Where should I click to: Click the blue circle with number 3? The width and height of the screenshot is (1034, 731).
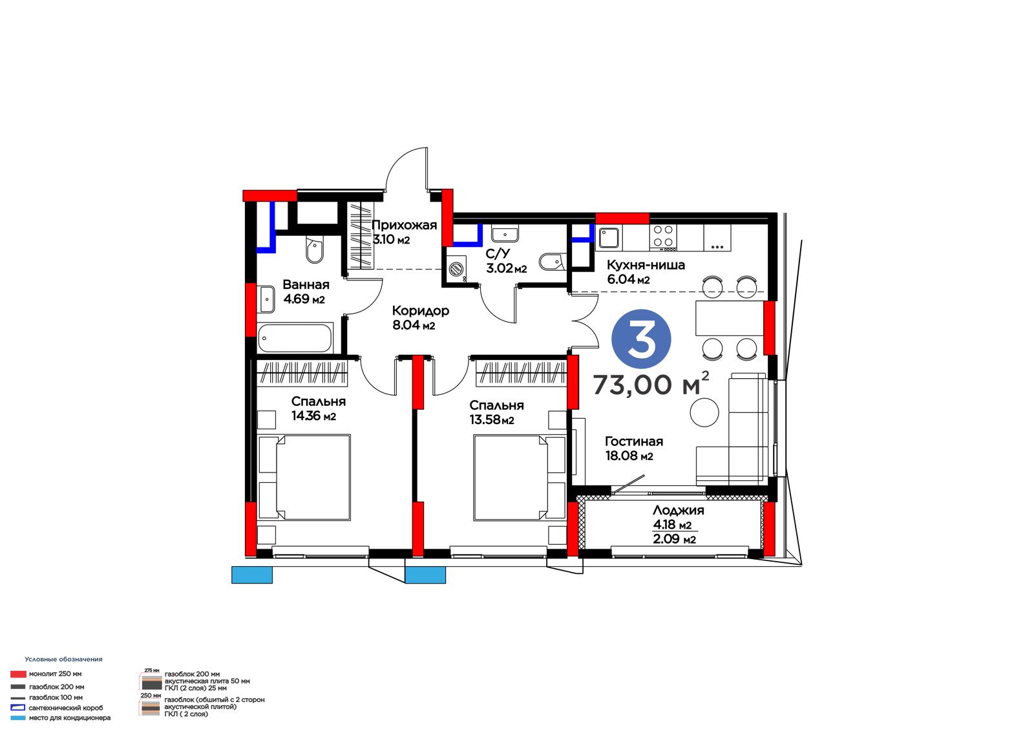point(641,339)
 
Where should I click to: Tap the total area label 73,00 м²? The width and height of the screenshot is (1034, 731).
point(651,383)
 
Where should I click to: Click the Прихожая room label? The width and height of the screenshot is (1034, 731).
point(404,226)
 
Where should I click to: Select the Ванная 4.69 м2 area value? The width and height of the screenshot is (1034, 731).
point(304,299)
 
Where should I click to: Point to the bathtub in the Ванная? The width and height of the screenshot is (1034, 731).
point(295,338)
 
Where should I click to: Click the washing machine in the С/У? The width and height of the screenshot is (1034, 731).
point(456,269)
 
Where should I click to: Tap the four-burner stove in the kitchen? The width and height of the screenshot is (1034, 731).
point(663,237)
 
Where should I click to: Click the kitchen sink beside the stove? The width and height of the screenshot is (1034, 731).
point(609,238)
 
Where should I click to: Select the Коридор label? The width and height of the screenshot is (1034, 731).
point(421,310)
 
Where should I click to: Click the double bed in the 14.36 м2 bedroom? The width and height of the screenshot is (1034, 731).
point(304,477)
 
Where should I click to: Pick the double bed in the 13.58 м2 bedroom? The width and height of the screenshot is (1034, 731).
point(520,477)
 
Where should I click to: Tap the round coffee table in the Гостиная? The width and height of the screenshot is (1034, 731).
point(704,412)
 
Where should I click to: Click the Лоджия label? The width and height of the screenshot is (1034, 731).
point(678,510)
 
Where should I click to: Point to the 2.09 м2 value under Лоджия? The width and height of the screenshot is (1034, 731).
point(674,538)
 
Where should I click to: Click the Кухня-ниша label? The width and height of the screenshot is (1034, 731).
point(646,264)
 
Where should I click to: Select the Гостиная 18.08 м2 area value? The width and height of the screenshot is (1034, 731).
point(629,456)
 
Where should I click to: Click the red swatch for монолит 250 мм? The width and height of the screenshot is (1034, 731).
point(18,674)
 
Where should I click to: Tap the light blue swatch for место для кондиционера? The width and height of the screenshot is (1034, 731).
point(18,718)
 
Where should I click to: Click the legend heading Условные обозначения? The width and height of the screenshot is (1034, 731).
point(64,659)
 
